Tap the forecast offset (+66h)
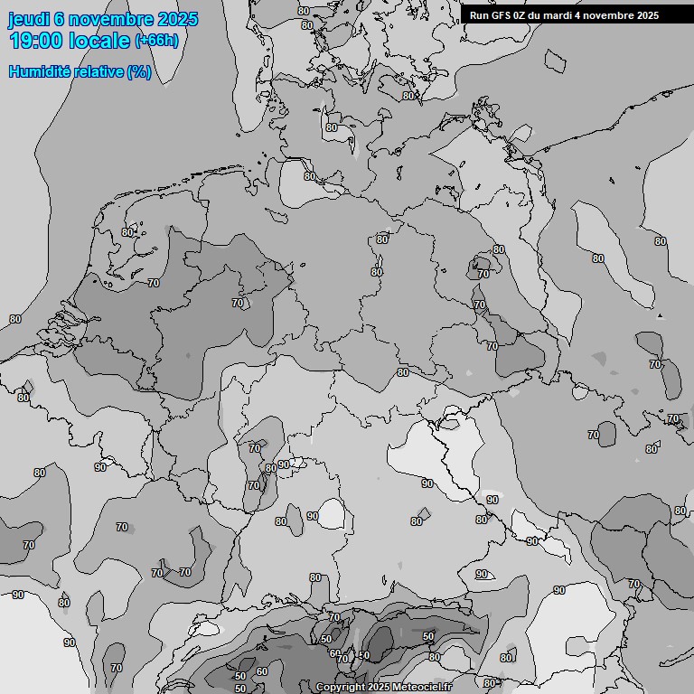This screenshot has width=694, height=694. pos(156,41)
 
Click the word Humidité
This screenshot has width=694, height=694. pos(37,71)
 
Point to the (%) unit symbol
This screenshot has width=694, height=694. pos(138,71)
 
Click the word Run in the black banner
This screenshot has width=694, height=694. pos(479,15)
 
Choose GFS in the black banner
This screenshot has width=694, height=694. pos(502,15)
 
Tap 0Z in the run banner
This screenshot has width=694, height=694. pos(522,15)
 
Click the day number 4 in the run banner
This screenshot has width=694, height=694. pos(586,15)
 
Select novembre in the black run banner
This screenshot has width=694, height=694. pos(614,15)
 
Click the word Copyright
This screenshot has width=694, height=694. pos(340,688)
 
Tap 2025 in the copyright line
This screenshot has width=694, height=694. pos(378,688)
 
